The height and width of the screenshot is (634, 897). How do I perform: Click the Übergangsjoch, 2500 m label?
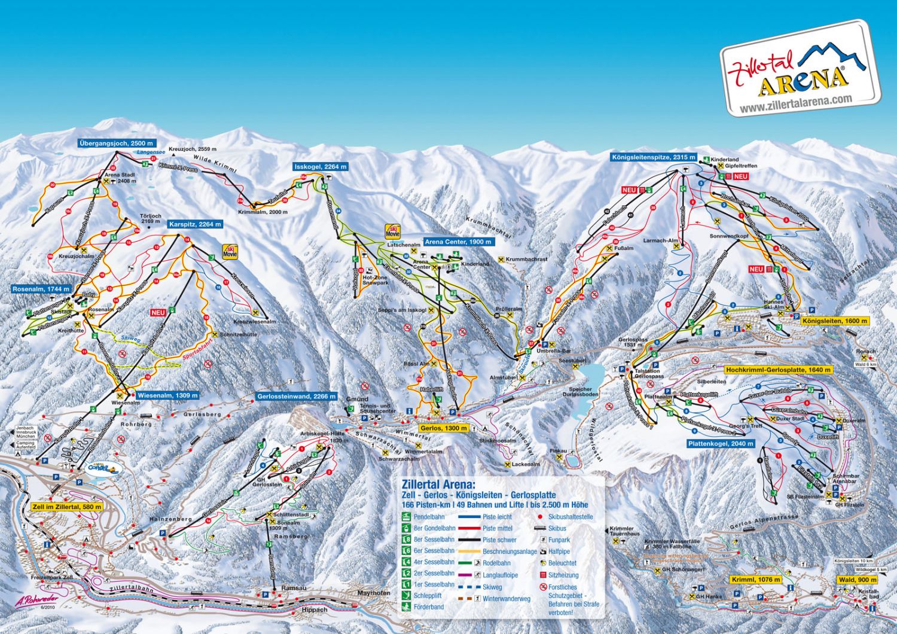[x=117, y=143]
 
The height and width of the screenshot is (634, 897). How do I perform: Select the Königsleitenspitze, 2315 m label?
[x=654, y=157]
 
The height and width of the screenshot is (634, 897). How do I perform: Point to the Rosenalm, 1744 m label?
[x=41, y=289]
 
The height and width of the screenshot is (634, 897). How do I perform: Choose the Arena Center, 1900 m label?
[x=459, y=242]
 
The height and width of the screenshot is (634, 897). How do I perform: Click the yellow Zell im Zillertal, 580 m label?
[x=67, y=507]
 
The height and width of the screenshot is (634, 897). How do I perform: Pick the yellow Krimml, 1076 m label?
[x=756, y=580]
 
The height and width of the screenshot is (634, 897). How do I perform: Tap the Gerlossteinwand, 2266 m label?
[x=297, y=396]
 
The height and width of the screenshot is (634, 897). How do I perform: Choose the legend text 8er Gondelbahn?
[x=434, y=528]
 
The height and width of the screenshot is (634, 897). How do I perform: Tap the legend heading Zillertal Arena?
[x=438, y=484]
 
